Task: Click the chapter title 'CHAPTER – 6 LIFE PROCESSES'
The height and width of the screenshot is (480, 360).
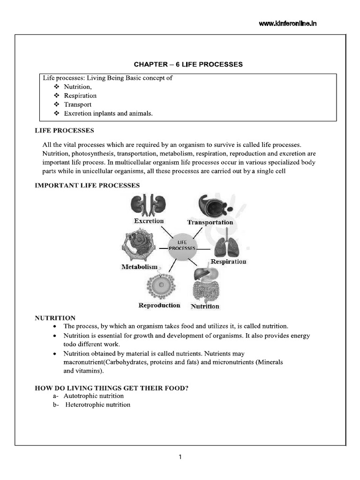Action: pyautogui.click(x=188, y=64)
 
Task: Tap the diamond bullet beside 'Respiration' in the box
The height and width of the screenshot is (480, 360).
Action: pyautogui.click(x=57, y=96)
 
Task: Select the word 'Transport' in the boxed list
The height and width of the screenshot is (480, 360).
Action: pyautogui.click(x=78, y=105)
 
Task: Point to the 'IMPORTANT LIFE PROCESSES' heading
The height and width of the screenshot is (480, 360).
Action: pyautogui.click(x=88, y=185)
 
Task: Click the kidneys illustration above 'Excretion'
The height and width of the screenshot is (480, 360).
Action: pyautogui.click(x=143, y=205)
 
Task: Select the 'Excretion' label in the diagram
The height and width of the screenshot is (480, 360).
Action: pyautogui.click(x=149, y=221)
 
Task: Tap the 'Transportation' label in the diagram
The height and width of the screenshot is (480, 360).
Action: pyautogui.click(x=210, y=222)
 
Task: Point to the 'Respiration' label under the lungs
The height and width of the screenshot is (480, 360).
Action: pyautogui.click(x=228, y=262)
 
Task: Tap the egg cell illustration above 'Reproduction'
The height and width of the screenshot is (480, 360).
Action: pyautogui.click(x=162, y=286)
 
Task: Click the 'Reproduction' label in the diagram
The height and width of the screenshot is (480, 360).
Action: pyautogui.click(x=159, y=305)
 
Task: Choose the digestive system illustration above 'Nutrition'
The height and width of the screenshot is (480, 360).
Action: pyautogui.click(x=205, y=284)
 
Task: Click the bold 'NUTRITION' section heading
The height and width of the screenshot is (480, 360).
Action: pyautogui.click(x=55, y=318)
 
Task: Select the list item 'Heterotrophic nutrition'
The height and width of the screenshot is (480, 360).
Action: pyautogui.click(x=97, y=405)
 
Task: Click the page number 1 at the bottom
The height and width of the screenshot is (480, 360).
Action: pyautogui.click(x=180, y=457)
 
